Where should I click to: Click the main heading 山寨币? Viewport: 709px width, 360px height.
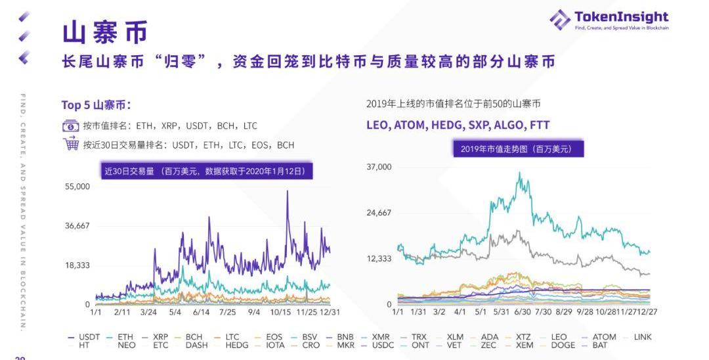point(105,32)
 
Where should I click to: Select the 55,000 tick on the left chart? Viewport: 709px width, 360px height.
point(77,187)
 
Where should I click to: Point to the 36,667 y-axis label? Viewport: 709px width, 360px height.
point(77,226)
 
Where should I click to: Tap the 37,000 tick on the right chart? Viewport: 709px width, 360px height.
point(379,167)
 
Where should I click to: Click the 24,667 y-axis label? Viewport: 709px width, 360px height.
point(379,213)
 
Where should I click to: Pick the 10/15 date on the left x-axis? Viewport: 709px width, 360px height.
point(280,312)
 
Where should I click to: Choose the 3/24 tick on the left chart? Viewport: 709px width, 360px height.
point(148,312)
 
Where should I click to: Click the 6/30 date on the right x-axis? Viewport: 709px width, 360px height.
point(523,312)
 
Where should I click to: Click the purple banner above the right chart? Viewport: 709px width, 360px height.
point(518,149)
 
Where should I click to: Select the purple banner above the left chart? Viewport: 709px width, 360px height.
point(205,171)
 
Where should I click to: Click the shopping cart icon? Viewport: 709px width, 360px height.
point(70,144)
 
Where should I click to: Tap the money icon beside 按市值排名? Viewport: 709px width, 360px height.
point(70,125)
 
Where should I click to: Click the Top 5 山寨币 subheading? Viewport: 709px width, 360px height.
point(96,105)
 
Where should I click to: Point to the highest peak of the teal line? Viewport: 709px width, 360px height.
point(520,173)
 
